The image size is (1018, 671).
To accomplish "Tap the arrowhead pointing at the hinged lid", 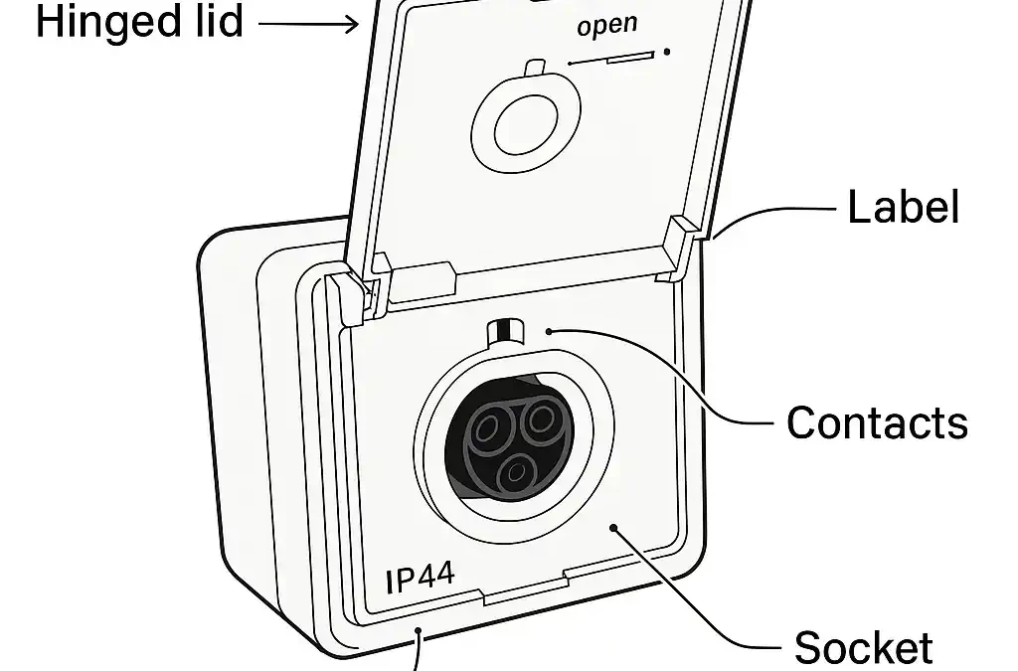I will (x=352, y=22).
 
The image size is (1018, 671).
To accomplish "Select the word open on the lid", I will (x=607, y=24).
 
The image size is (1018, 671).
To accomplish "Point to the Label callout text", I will (x=903, y=208).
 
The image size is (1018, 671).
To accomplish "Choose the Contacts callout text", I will (x=877, y=422).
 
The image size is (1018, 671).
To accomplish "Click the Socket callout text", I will (x=863, y=647).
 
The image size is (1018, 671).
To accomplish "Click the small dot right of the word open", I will (x=667, y=52).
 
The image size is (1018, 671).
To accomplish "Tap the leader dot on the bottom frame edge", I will (x=421, y=632).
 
